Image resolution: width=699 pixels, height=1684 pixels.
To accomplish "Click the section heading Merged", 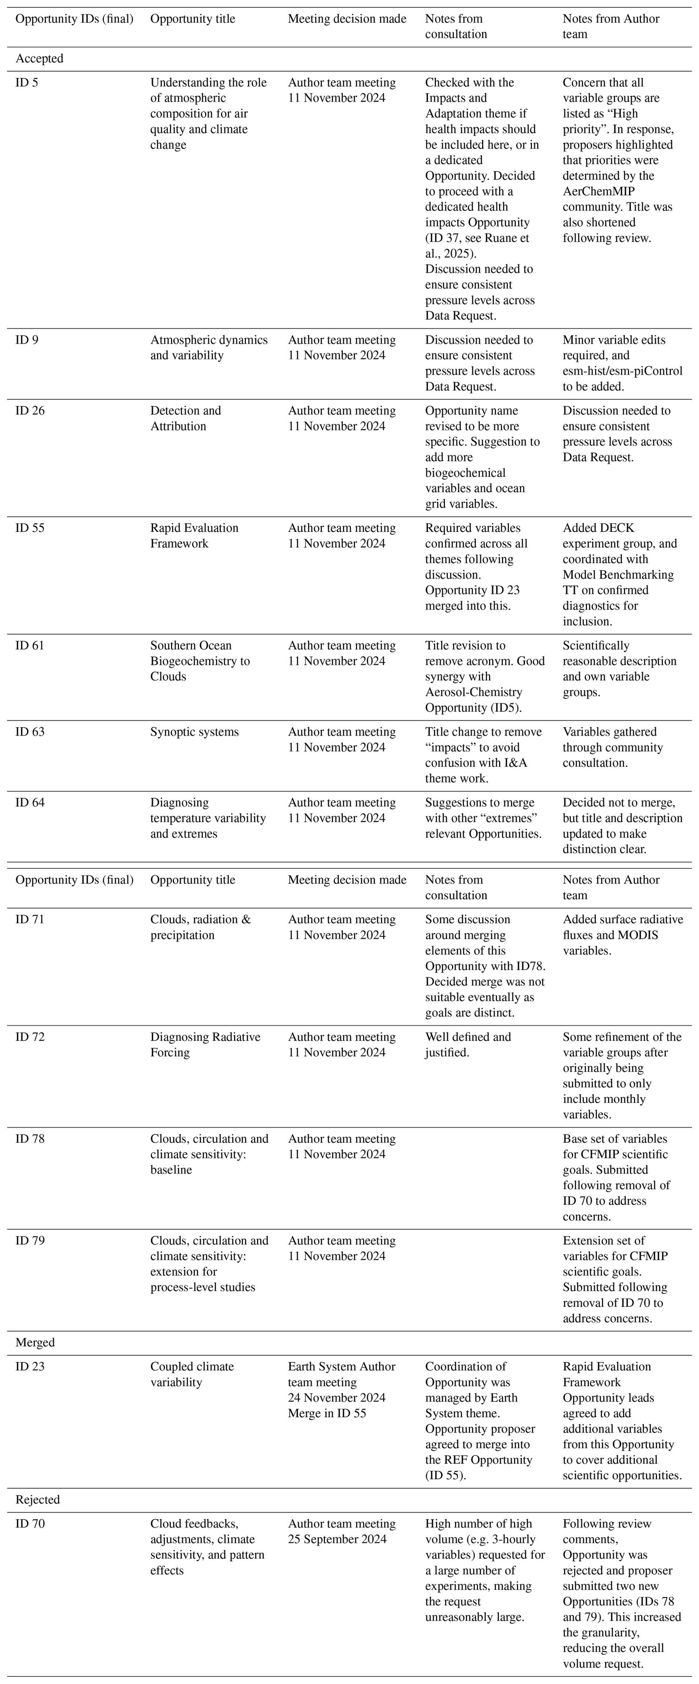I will [x=35, y=1343].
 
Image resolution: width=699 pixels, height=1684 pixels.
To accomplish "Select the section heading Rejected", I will [x=37, y=1500].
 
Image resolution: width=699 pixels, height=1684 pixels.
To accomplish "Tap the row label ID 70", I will [x=30, y=1524].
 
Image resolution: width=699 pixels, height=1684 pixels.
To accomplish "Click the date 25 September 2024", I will [x=337, y=1539].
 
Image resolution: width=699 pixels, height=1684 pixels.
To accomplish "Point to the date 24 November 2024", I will [x=337, y=1398].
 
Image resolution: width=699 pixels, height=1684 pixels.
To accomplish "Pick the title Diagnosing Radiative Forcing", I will [x=205, y=1045].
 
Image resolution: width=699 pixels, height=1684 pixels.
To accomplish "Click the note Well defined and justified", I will [x=468, y=1045].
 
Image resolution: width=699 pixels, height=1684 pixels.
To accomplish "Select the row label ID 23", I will [x=30, y=1367].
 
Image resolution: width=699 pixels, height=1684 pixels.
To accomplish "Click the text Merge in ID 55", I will [x=327, y=1413].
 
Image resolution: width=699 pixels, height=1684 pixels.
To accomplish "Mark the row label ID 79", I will [x=30, y=1241].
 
